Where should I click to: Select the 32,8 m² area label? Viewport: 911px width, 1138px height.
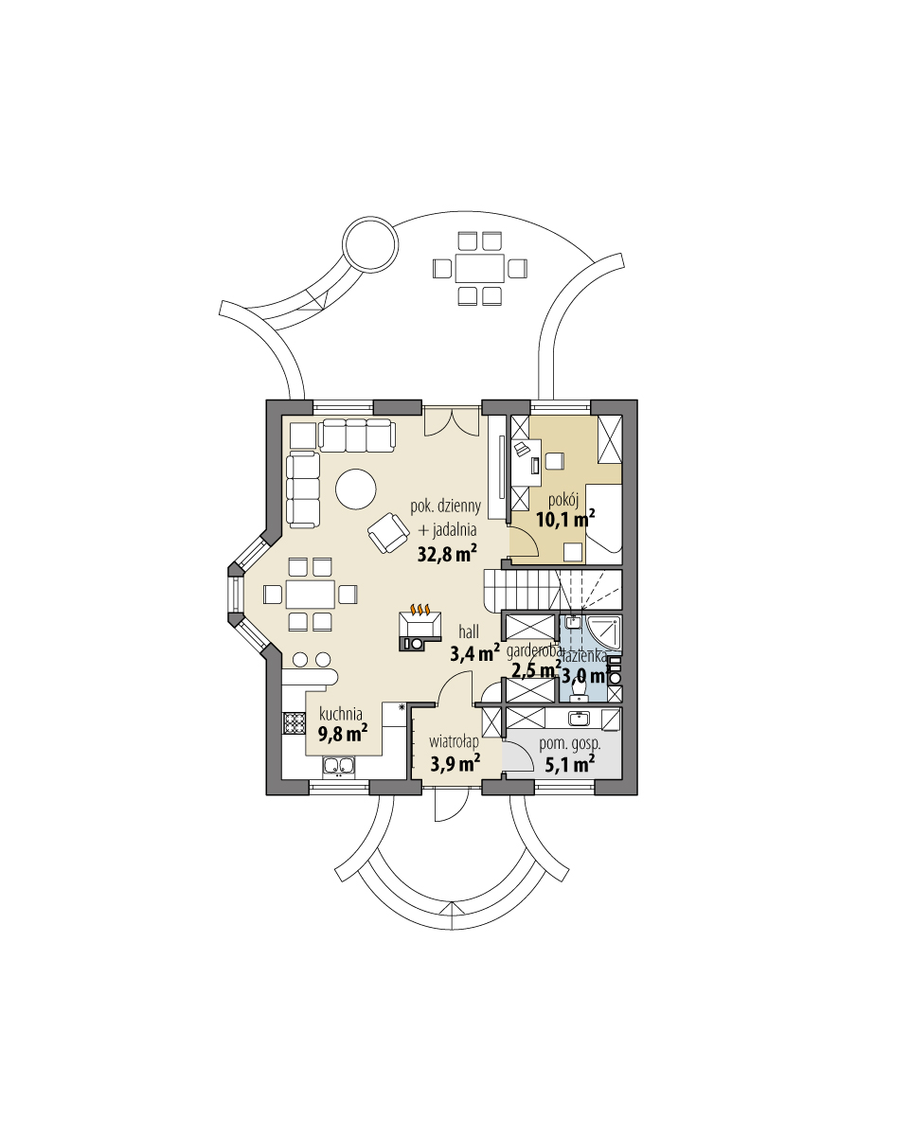pyautogui.click(x=447, y=554)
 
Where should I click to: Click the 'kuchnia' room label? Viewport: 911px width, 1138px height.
pyautogui.click(x=338, y=714)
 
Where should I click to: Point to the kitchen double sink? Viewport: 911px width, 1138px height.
pyautogui.click(x=339, y=766)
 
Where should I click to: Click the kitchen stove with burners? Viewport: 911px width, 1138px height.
pyautogui.click(x=292, y=724)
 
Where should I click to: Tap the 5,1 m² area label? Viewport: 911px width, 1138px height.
pyautogui.click(x=569, y=762)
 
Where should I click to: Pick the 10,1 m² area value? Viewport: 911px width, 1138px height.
pyautogui.click(x=564, y=518)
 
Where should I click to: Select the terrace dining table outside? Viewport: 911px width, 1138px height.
pyautogui.click(x=479, y=268)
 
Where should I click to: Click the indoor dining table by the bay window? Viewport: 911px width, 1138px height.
pyautogui.click(x=310, y=595)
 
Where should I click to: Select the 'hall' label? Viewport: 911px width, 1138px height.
pyautogui.click(x=469, y=631)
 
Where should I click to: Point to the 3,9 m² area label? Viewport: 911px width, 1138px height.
pyautogui.click(x=454, y=763)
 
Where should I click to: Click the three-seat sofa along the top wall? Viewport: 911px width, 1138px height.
pyautogui.click(x=356, y=436)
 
